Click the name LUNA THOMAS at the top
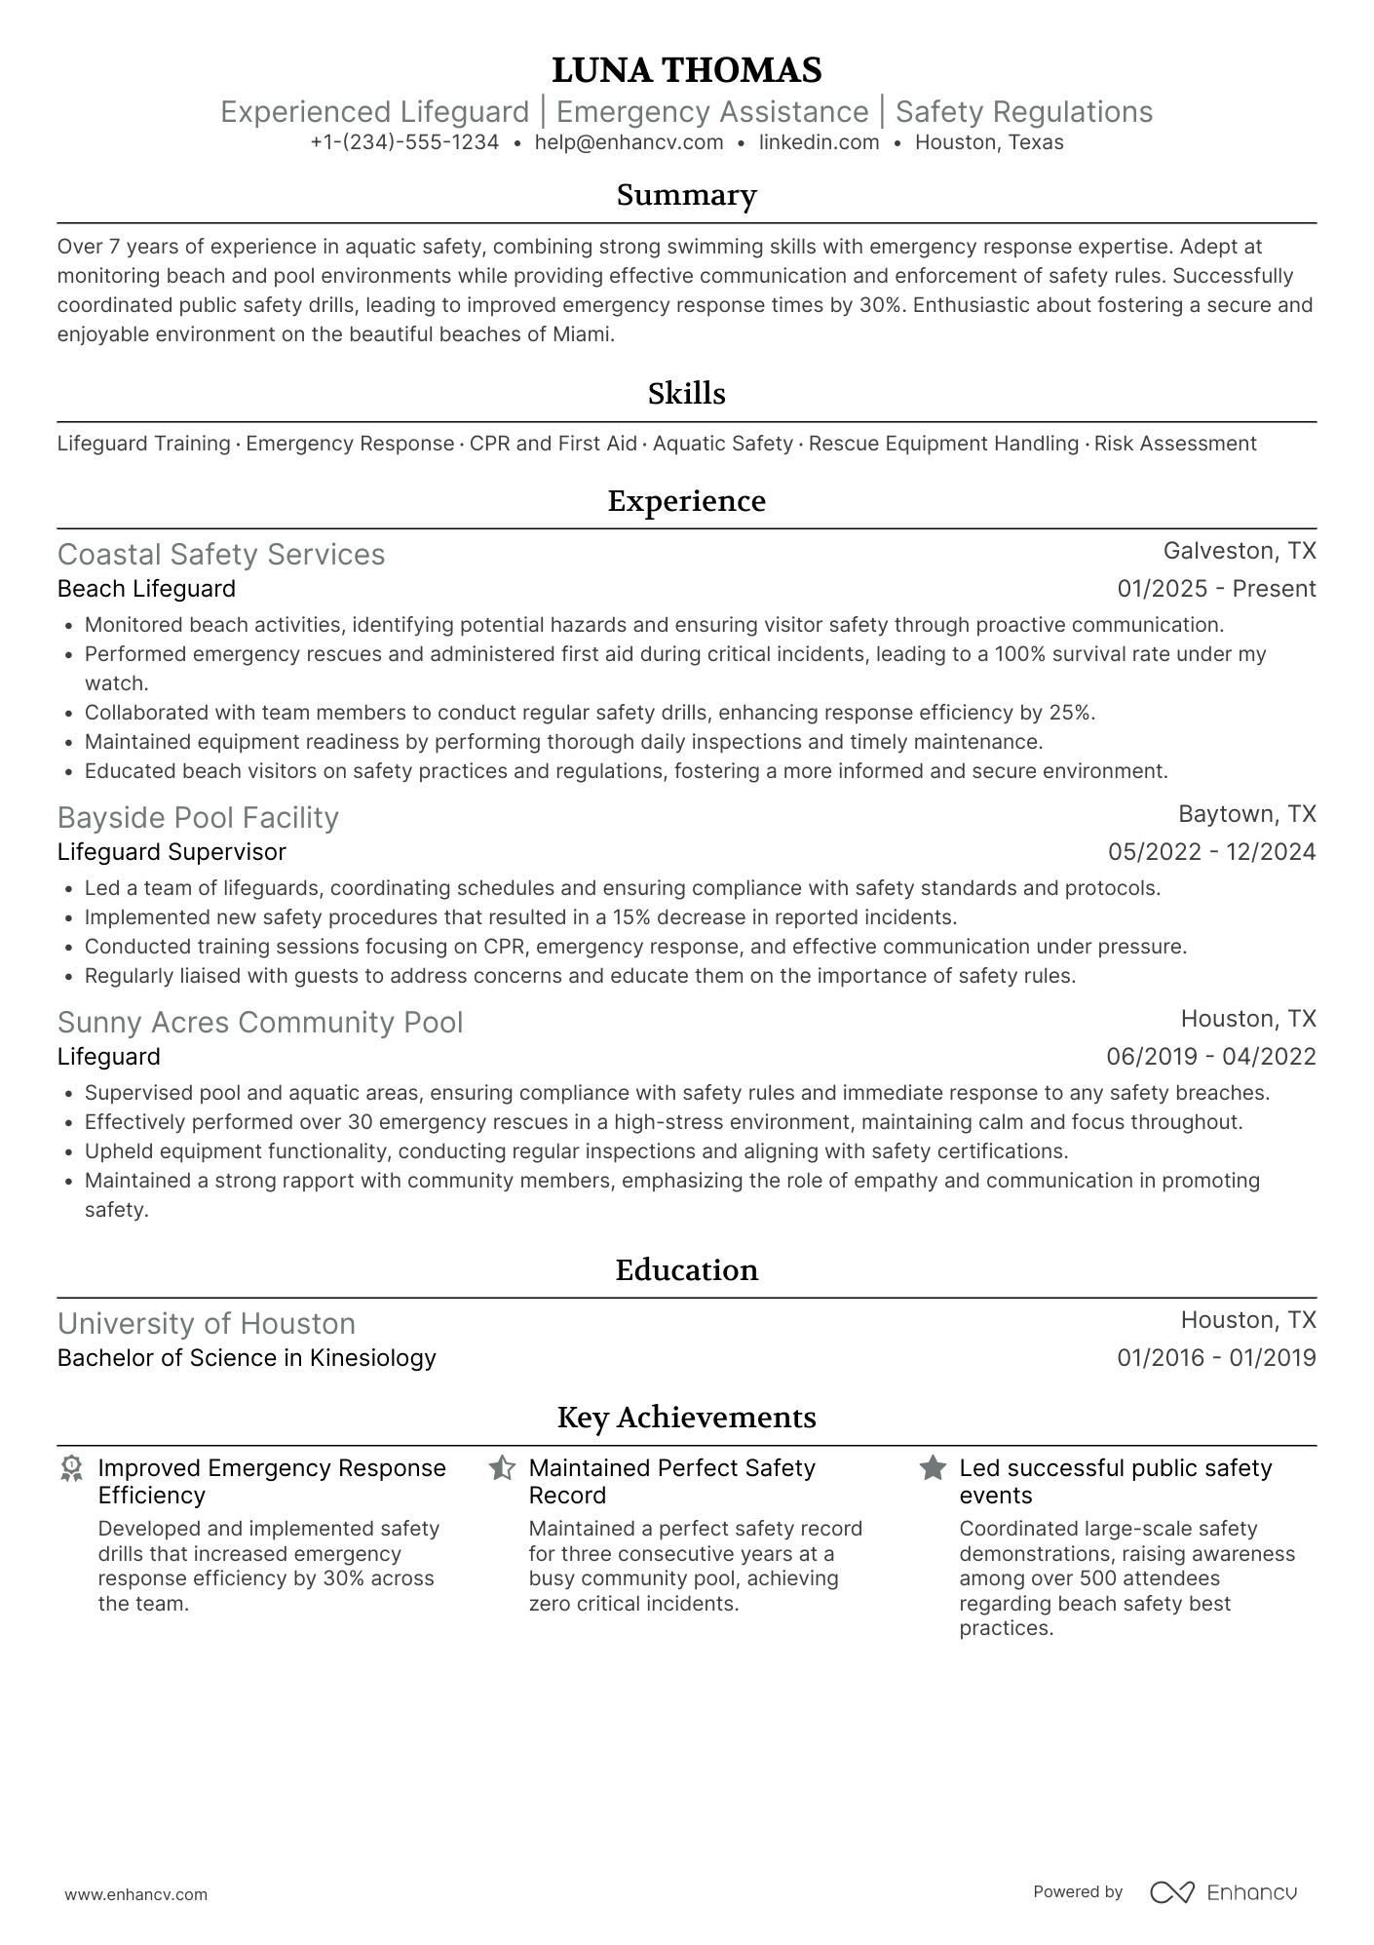(x=686, y=70)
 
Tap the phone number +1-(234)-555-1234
(x=404, y=142)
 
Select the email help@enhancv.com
(x=629, y=142)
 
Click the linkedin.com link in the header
(x=819, y=142)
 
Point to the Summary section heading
(x=686, y=195)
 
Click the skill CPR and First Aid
(x=553, y=444)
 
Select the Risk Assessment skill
(x=1174, y=444)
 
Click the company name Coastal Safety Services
(x=221, y=555)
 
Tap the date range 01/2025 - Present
(x=1216, y=589)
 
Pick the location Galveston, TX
(x=1240, y=551)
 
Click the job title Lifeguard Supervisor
(x=172, y=852)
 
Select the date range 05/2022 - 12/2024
(x=1211, y=852)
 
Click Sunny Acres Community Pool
(x=260, y=1023)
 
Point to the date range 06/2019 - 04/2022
(x=1210, y=1057)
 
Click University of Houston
(x=207, y=1324)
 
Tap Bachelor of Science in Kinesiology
(x=247, y=1358)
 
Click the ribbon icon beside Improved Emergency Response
(x=71, y=1468)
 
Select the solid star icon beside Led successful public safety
(x=933, y=1468)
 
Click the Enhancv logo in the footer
(x=1223, y=1892)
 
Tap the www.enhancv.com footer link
(x=136, y=1894)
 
